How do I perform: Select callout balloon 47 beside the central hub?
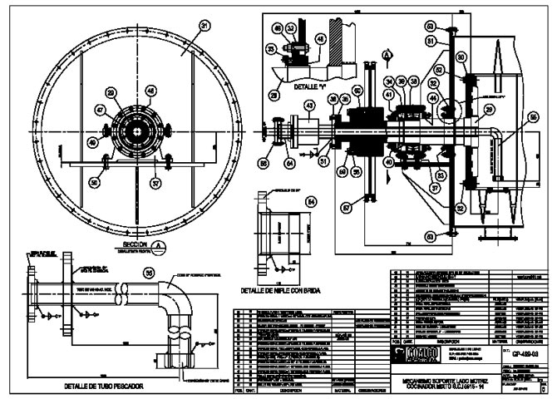click(x=99, y=109)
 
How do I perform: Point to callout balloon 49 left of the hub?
click(x=111, y=92)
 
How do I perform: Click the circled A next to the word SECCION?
click(x=157, y=245)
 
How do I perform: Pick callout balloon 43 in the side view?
click(x=309, y=106)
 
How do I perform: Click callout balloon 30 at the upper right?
click(x=461, y=57)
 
